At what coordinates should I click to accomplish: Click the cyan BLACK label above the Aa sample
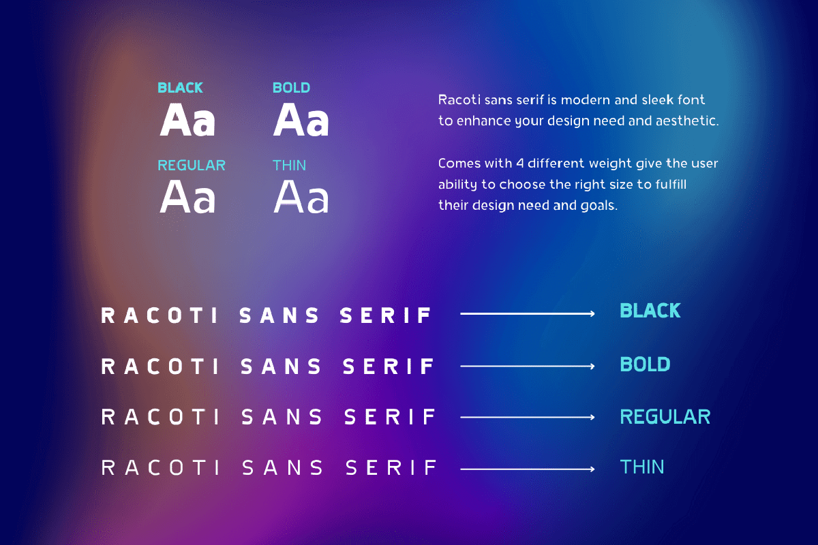180,88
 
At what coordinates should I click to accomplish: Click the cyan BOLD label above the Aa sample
292,88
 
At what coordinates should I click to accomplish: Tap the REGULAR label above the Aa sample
192,166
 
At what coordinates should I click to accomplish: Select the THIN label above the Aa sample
289,166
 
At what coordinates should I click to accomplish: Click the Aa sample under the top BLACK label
187,120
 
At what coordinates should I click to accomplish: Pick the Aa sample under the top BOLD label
301,119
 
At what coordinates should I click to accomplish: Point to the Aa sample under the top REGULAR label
187,196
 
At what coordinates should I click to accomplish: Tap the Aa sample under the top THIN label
301,196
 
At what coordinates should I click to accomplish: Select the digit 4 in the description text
519,163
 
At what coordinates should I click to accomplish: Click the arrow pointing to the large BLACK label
528,313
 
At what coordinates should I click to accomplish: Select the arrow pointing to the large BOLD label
528,366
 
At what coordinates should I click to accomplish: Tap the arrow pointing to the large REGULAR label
528,417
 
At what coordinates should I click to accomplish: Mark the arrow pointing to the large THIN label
528,469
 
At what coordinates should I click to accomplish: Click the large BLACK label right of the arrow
650,311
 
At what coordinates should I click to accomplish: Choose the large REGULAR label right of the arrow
665,416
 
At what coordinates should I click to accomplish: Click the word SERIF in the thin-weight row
391,467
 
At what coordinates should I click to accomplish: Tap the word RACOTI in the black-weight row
160,315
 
